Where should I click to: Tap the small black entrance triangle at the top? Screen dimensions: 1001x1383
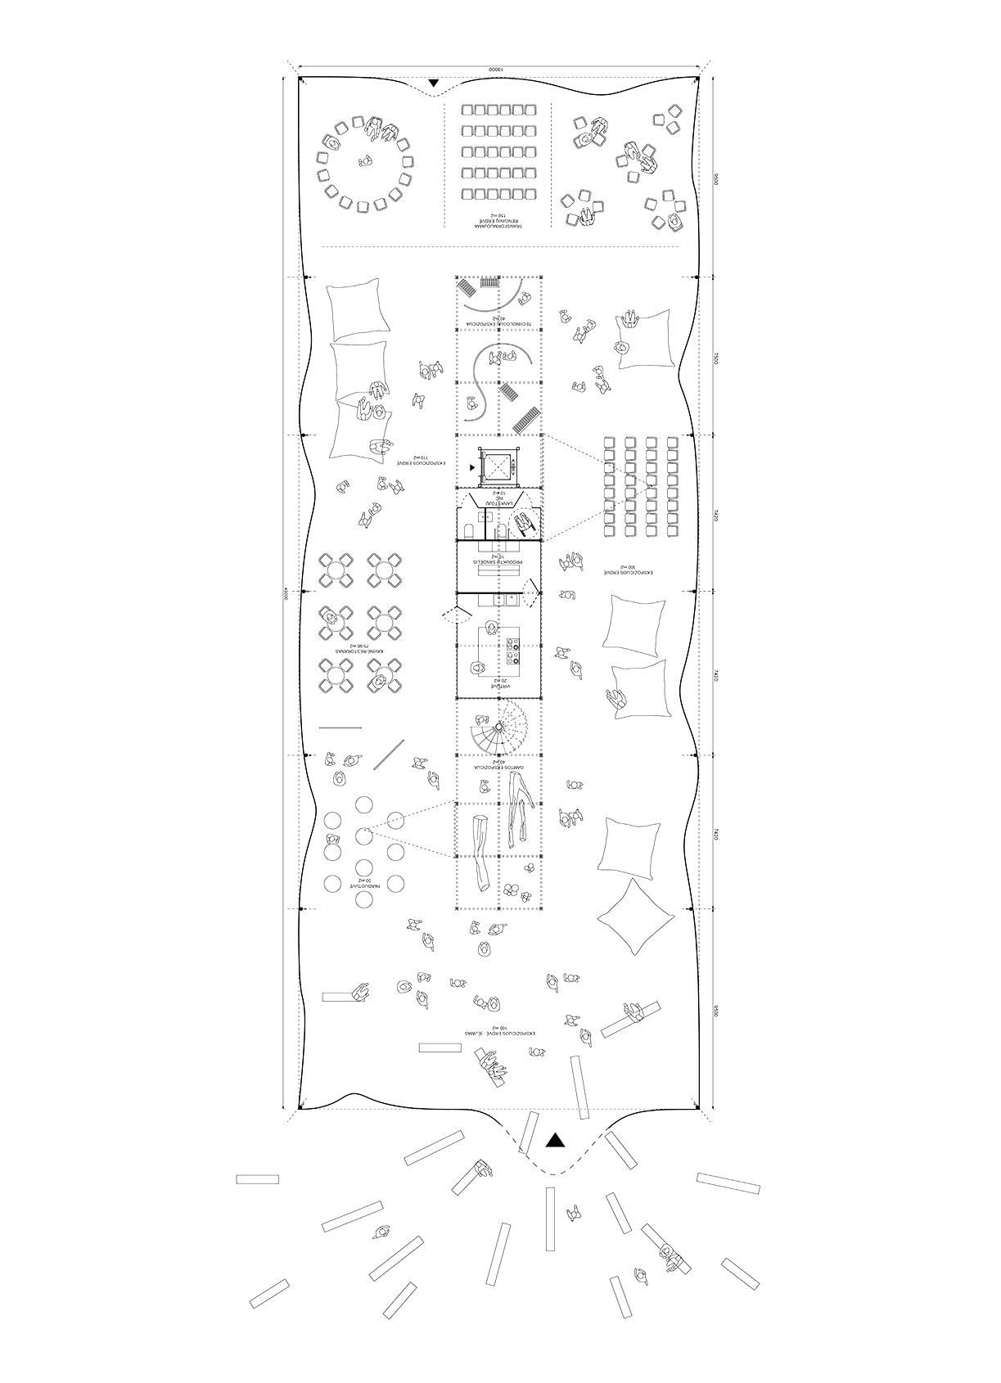pos(434,83)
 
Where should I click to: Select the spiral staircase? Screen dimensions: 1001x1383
pos(498,727)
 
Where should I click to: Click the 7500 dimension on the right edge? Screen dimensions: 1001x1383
pos(715,358)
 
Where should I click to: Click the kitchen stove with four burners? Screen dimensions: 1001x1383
pos(515,655)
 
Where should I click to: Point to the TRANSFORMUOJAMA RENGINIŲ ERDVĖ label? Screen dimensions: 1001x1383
pos(497,217)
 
